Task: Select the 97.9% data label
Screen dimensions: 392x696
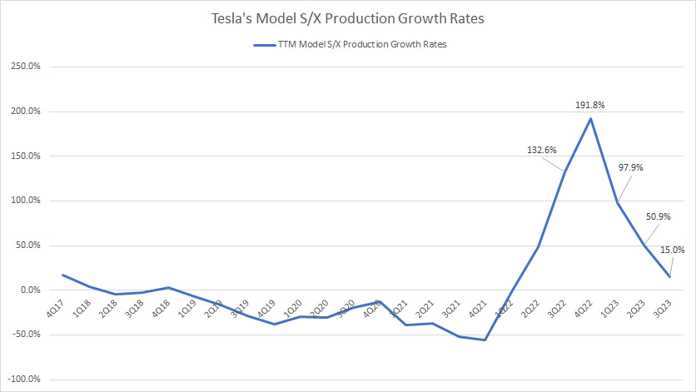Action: [629, 167]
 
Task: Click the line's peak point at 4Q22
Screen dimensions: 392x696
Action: [591, 118]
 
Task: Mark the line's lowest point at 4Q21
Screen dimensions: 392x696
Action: [485, 340]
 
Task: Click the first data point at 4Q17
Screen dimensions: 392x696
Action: [62, 275]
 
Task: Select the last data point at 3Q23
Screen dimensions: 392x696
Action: [670, 276]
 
